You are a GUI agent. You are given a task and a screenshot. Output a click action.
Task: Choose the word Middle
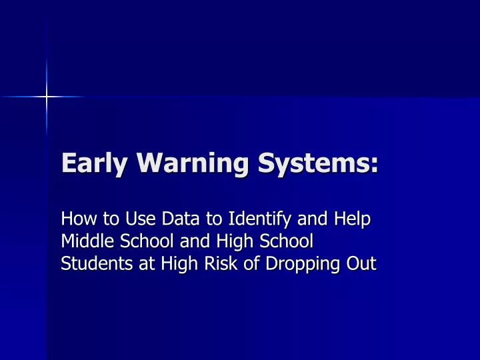pyautogui.click(x=83, y=241)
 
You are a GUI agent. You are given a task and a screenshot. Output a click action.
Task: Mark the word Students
pyautogui.click(x=91, y=263)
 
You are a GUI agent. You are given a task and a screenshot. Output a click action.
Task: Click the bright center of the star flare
pyautogui.click(x=47, y=97)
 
